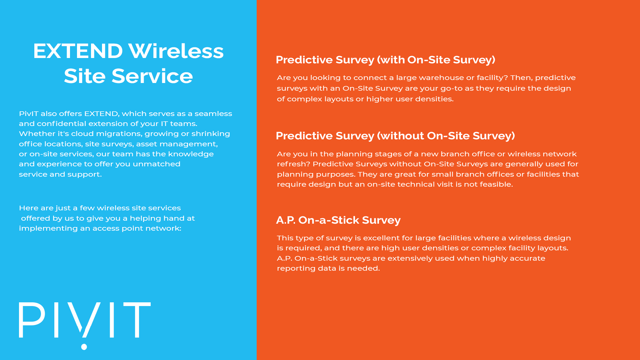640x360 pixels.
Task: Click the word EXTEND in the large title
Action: point(78,51)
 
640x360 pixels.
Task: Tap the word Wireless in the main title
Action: point(176,51)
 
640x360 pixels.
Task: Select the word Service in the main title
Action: point(152,76)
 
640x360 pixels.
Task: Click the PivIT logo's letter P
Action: point(32,320)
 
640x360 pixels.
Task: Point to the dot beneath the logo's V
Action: point(84,347)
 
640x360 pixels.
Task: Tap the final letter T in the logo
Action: point(137,320)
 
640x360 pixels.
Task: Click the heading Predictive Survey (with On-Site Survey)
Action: point(385,60)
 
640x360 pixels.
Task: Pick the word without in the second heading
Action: point(402,136)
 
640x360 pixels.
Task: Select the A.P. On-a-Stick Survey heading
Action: point(338,220)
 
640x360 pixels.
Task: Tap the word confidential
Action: point(61,124)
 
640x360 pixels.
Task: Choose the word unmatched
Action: point(157,164)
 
